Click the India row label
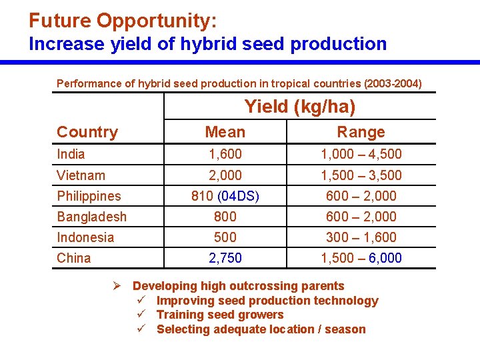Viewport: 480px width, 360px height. click(71, 154)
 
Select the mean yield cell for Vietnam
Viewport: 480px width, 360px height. click(225, 175)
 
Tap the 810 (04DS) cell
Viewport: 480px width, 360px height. click(225, 196)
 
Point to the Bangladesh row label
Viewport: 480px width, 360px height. click(91, 217)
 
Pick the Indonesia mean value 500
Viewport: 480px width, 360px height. click(225, 237)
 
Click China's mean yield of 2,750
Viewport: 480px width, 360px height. click(225, 258)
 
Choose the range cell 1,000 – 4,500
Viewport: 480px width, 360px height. click(361, 154)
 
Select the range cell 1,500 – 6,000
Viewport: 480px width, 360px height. click(361, 258)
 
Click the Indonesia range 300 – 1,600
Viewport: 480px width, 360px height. click(361, 237)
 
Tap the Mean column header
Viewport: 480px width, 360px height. click(225, 132)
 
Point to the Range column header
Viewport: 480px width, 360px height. click(361, 132)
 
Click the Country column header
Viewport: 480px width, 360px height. click(87, 132)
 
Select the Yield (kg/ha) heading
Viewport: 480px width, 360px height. click(300, 107)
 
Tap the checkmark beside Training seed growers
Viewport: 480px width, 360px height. click(141, 315)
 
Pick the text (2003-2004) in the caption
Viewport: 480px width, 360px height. click(393, 84)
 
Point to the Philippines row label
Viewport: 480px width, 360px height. click(89, 196)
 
